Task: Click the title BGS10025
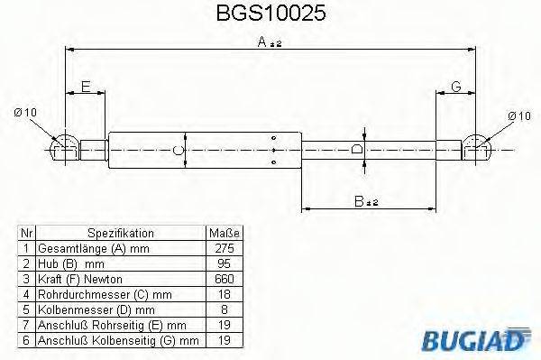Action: tap(271, 15)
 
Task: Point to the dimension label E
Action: tap(86, 87)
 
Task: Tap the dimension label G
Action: tap(456, 87)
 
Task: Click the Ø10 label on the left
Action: tap(25, 112)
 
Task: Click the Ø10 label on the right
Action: tap(518, 115)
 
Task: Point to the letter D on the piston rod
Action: tap(357, 149)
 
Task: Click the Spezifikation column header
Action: tap(121, 233)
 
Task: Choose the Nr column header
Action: tap(27, 233)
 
